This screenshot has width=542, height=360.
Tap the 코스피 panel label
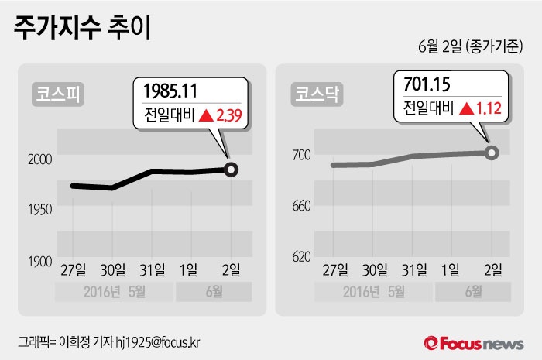click(x=59, y=95)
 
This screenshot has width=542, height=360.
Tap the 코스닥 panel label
click(x=317, y=95)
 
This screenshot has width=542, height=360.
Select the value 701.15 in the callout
click(x=426, y=83)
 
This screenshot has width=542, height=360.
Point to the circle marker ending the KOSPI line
click(x=230, y=169)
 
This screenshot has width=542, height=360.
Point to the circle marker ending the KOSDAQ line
click(x=491, y=153)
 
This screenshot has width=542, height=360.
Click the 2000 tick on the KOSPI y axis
click(x=39, y=159)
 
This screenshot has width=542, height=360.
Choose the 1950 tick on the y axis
click(x=39, y=210)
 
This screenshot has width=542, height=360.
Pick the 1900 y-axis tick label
click(x=39, y=262)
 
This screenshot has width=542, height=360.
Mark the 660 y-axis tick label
click(x=301, y=206)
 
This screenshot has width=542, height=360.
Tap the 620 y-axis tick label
click(x=301, y=255)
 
